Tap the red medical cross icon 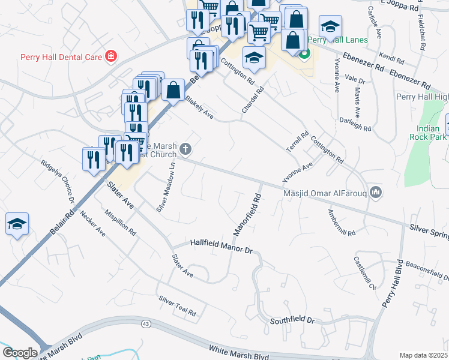point(110,57)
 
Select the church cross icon point(186,149)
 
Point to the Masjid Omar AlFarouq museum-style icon point(376,191)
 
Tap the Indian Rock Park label point(432,133)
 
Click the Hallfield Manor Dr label point(221,245)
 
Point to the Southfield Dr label point(292,321)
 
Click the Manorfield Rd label point(247,214)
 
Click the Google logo point(20,352)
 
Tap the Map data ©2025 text point(423,355)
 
